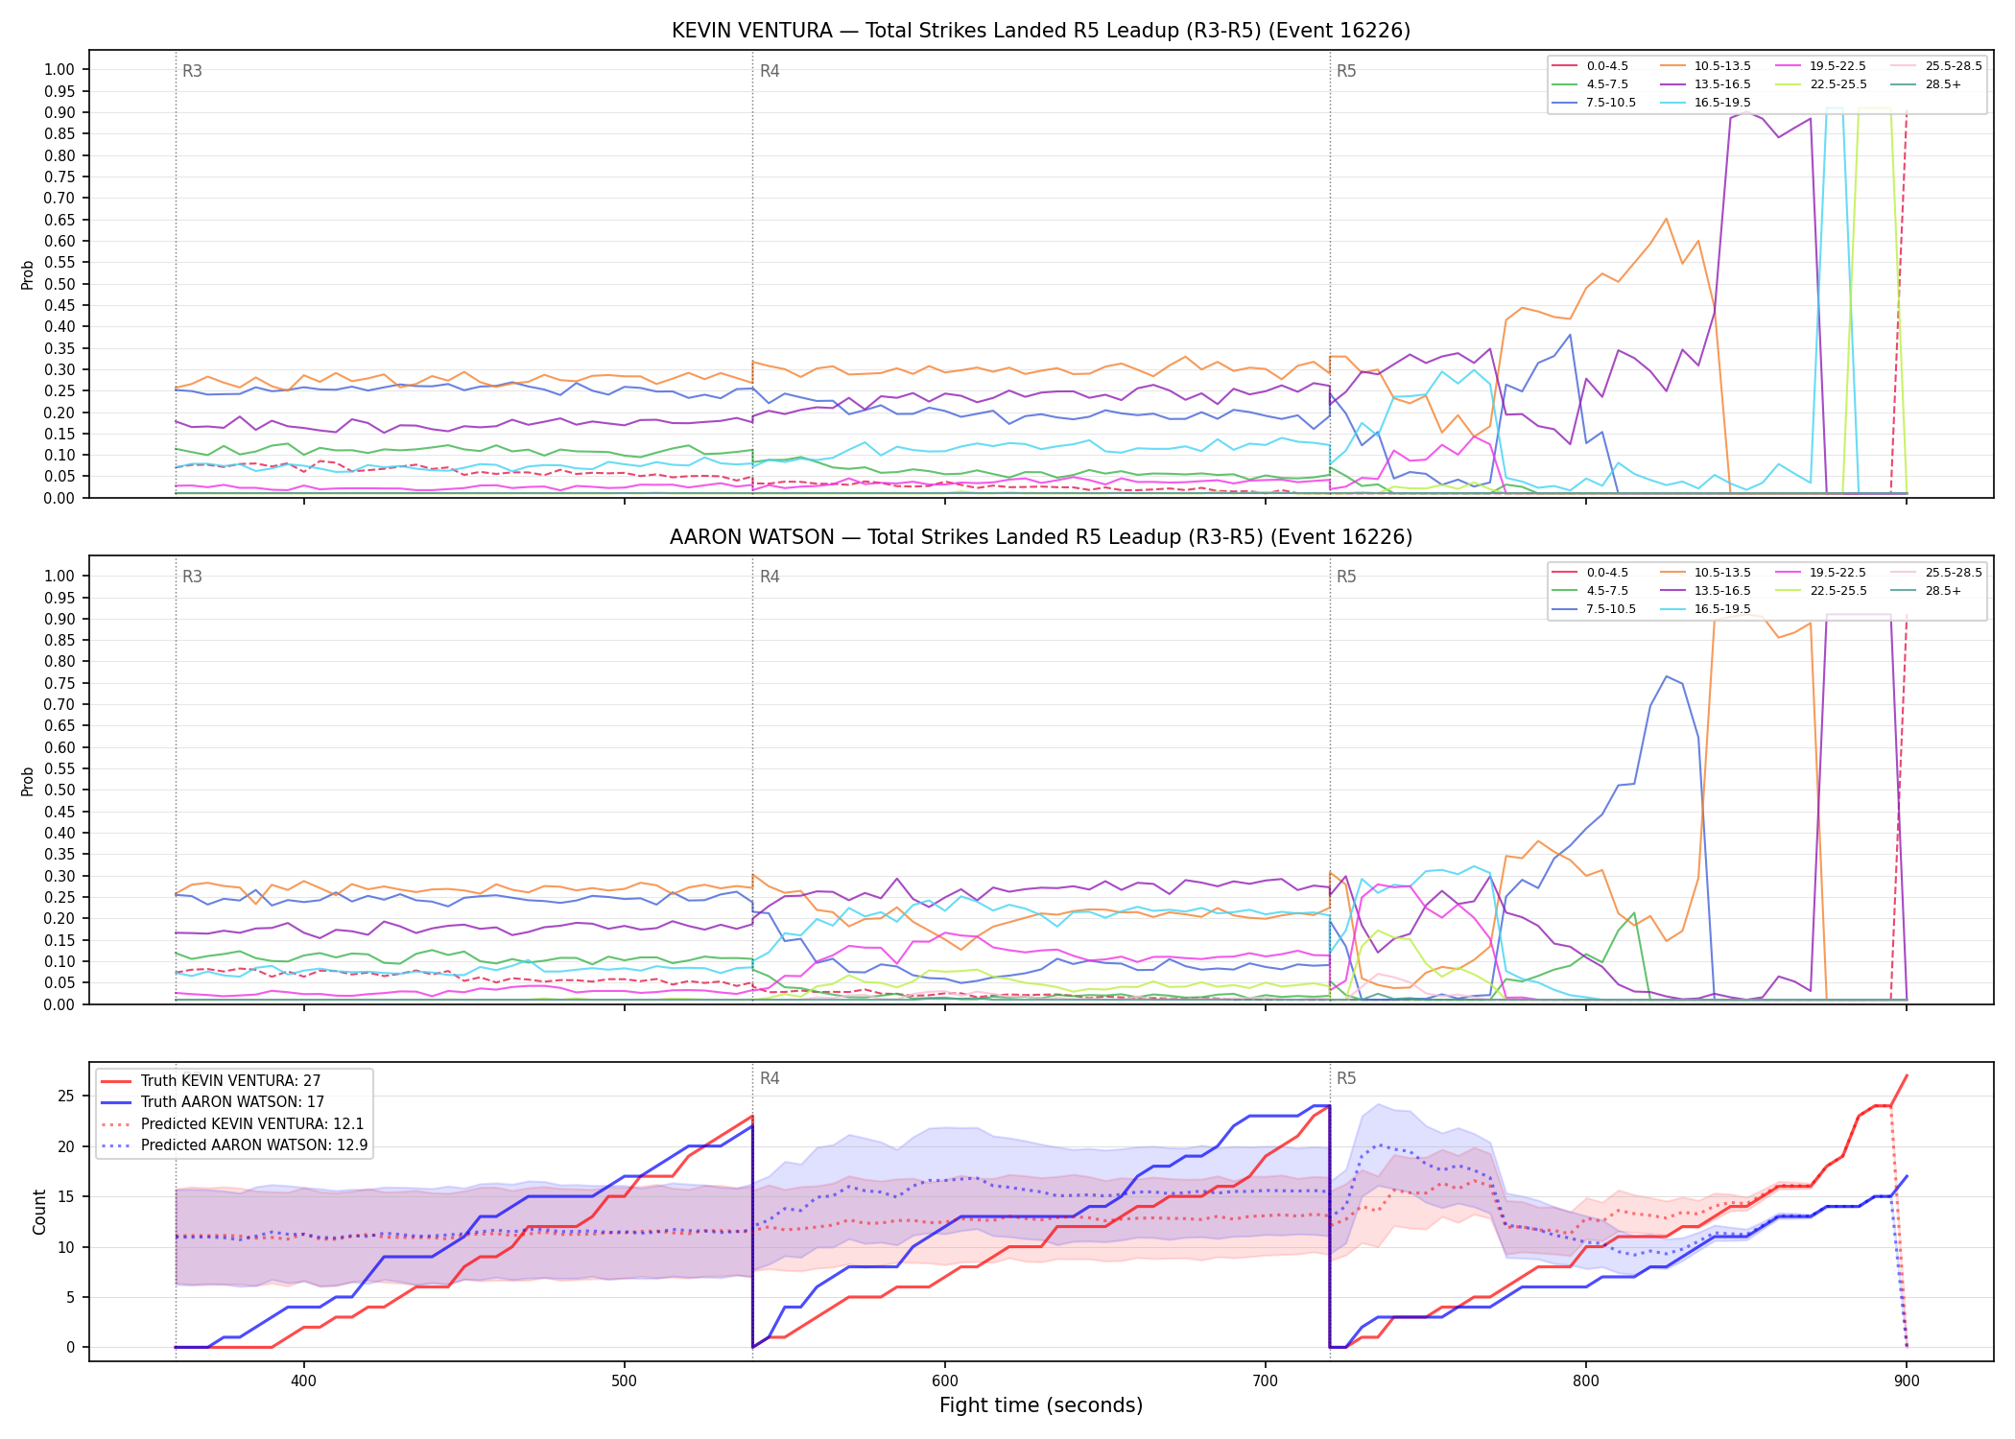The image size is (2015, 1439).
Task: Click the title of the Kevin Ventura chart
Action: [x=1041, y=31]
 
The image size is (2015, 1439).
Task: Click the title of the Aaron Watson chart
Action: [x=1041, y=537]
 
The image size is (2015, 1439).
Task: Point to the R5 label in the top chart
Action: [x=1346, y=71]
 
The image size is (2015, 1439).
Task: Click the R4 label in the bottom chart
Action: [x=770, y=1078]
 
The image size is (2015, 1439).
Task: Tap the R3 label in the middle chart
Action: [x=192, y=577]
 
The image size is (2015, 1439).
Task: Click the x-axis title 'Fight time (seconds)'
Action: [x=1041, y=1405]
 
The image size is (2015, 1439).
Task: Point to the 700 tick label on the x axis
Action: [x=1266, y=1381]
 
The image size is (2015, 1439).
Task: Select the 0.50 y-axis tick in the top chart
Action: [x=59, y=284]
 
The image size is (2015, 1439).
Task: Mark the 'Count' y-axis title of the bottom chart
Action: [x=39, y=1212]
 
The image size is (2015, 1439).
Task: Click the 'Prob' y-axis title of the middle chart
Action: [x=28, y=781]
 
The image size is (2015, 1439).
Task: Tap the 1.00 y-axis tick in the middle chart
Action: [x=59, y=576]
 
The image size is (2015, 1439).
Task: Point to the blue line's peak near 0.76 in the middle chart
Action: [x=1666, y=676]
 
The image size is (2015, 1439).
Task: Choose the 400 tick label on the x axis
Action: [x=303, y=1381]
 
